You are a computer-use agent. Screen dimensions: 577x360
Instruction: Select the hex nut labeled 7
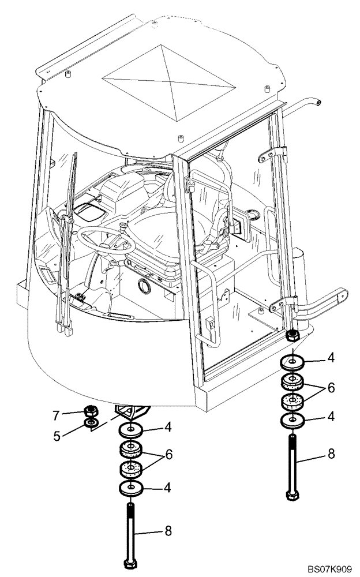pyautogui.click(x=91, y=411)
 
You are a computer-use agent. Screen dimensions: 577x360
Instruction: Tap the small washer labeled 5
pyautogui.click(x=92, y=425)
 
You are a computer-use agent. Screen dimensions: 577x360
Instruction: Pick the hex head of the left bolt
pyautogui.click(x=131, y=563)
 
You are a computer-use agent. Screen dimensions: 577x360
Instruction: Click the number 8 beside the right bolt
pyautogui.click(x=331, y=454)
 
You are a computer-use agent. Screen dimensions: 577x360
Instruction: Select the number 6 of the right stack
pyautogui.click(x=331, y=388)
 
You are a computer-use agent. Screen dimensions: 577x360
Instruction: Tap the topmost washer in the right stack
pyautogui.click(x=293, y=362)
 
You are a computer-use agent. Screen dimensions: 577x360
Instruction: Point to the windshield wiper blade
pyautogui.click(x=65, y=242)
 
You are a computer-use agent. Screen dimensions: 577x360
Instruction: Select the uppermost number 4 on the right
pyautogui.click(x=331, y=358)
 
